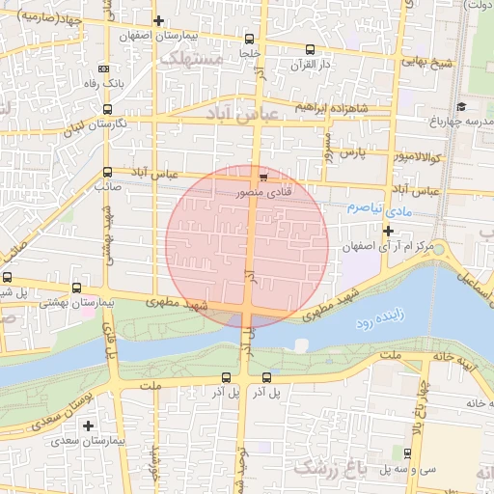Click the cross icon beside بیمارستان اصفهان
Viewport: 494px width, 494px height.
tap(159, 20)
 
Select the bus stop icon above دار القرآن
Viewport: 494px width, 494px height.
tap(310, 49)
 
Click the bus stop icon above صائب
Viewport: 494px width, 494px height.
tap(106, 172)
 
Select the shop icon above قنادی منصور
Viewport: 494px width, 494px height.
tap(263, 177)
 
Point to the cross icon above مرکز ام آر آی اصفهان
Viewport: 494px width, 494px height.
tap(388, 231)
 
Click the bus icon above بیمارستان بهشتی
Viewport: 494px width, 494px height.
tap(77, 287)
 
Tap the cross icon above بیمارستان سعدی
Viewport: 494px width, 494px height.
tap(89, 425)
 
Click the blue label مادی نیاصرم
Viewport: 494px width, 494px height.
tap(381, 207)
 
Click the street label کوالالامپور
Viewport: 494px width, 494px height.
tap(417, 155)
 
